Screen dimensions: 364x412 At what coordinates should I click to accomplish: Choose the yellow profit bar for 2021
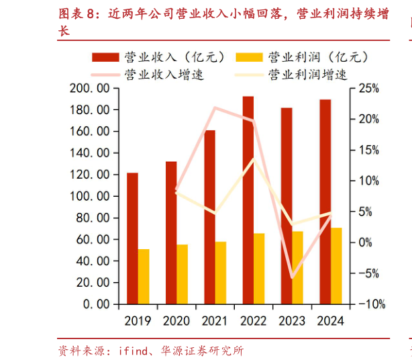(221, 272)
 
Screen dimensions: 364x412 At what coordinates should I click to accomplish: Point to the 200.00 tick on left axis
(90, 88)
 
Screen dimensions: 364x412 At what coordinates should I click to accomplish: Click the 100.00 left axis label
(90, 196)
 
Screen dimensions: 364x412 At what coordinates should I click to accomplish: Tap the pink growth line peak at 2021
(215, 107)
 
